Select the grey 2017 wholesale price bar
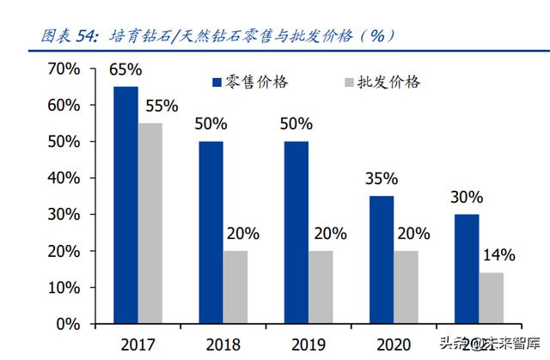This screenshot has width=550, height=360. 150,223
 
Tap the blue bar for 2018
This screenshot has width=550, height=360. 211,232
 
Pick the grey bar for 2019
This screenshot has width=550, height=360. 321,288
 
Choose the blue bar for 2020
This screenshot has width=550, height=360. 382,259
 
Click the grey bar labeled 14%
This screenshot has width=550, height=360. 492,298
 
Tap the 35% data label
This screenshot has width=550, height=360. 381,179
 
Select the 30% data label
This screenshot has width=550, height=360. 467,198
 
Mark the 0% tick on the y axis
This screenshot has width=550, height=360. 68,325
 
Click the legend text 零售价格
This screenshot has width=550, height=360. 256,82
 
